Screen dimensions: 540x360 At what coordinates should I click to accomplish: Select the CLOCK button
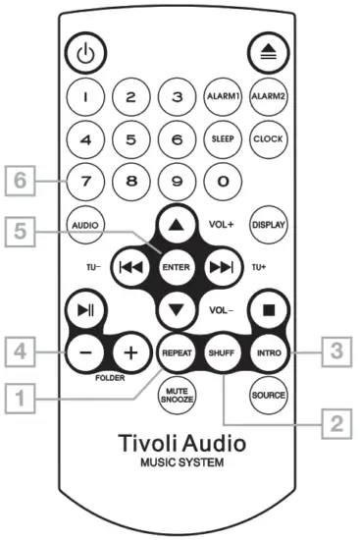pyautogui.click(x=268, y=139)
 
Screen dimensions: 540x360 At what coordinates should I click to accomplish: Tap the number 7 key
pyautogui.click(x=84, y=181)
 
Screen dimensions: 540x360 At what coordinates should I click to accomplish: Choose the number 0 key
pyautogui.click(x=222, y=181)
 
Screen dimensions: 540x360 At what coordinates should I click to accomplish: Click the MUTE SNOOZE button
pyautogui.click(x=177, y=395)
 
